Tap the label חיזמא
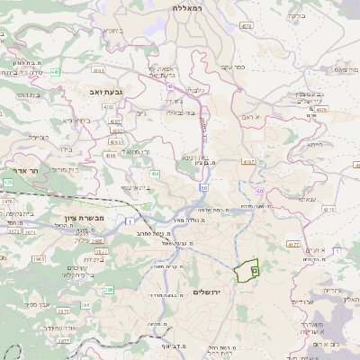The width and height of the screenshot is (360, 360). [314, 144]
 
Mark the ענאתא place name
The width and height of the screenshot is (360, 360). [305, 200]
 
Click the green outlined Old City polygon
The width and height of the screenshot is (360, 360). [247, 270]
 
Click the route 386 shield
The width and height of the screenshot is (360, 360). [109, 290]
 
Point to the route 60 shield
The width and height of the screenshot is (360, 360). [259, 192]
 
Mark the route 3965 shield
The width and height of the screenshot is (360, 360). [39, 258]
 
